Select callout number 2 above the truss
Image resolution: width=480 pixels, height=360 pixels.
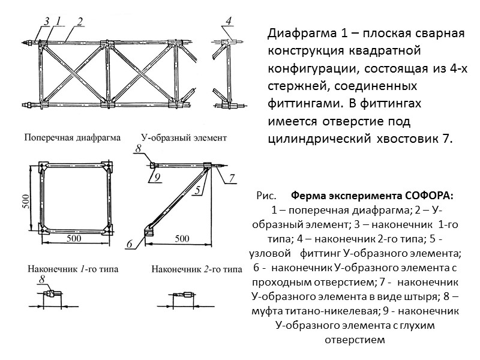79,20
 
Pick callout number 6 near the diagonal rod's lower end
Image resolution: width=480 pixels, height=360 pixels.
129,244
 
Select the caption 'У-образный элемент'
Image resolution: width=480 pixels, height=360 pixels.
184,137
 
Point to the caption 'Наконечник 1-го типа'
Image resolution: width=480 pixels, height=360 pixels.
71,269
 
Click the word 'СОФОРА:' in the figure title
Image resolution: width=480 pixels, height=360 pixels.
428,197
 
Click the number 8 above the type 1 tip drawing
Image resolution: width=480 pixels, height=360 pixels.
42,280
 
